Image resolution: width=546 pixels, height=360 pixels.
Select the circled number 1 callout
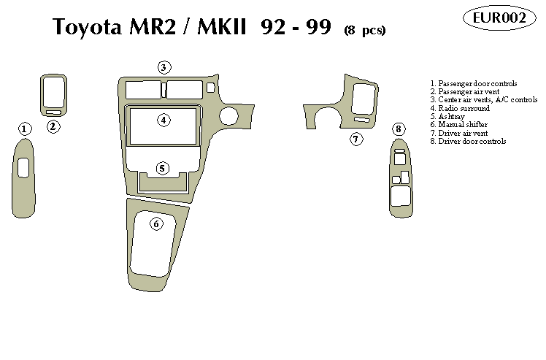[25, 129]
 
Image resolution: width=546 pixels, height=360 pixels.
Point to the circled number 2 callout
[53, 126]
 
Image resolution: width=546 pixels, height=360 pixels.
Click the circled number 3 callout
[164, 67]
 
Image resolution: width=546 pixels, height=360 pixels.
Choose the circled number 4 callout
[164, 120]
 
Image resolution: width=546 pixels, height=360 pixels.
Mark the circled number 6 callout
[157, 223]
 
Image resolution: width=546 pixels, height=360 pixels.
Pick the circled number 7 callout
[355, 139]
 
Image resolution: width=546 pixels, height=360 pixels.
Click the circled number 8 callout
[399, 129]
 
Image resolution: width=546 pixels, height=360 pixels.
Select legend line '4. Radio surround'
[459, 108]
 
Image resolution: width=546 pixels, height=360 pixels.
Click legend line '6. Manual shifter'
[459, 124]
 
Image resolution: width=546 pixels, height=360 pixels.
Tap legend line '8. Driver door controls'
[468, 141]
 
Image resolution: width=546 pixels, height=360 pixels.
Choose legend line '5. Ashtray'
[447, 116]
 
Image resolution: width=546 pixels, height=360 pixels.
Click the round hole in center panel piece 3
[228, 115]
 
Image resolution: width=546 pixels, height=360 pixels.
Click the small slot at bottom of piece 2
[53, 112]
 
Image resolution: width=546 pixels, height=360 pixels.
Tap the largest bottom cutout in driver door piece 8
[399, 196]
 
